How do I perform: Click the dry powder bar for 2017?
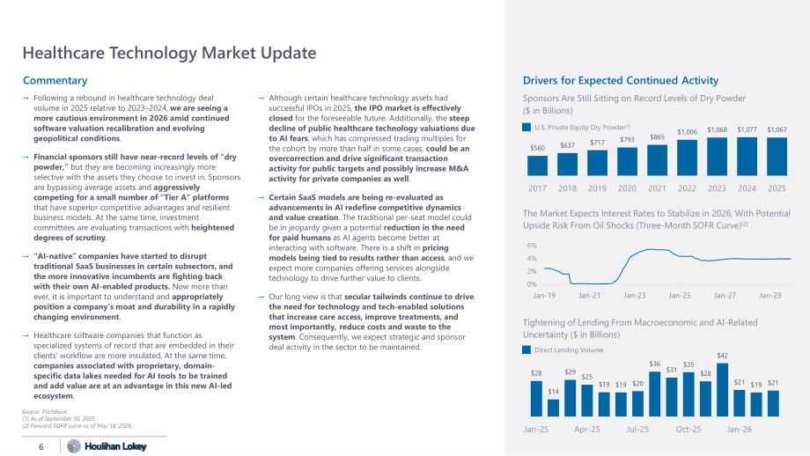537,165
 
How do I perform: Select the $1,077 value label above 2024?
747,129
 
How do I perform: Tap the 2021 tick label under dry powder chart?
657,188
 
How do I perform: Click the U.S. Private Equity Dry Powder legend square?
526,127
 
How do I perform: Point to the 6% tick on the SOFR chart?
532,246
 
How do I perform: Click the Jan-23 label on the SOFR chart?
635,296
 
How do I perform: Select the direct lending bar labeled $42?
722,389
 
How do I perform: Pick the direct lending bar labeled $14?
553,408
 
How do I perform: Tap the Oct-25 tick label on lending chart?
688,429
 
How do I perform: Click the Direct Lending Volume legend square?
526,349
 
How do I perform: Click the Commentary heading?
55,81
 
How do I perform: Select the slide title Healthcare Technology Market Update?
169,53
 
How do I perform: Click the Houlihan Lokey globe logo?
74,445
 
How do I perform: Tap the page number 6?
41,446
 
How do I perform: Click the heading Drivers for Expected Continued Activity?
621,81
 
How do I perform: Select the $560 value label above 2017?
537,148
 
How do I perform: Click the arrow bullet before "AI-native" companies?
26,256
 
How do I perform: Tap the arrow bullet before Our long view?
261,297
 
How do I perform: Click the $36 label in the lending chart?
654,364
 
